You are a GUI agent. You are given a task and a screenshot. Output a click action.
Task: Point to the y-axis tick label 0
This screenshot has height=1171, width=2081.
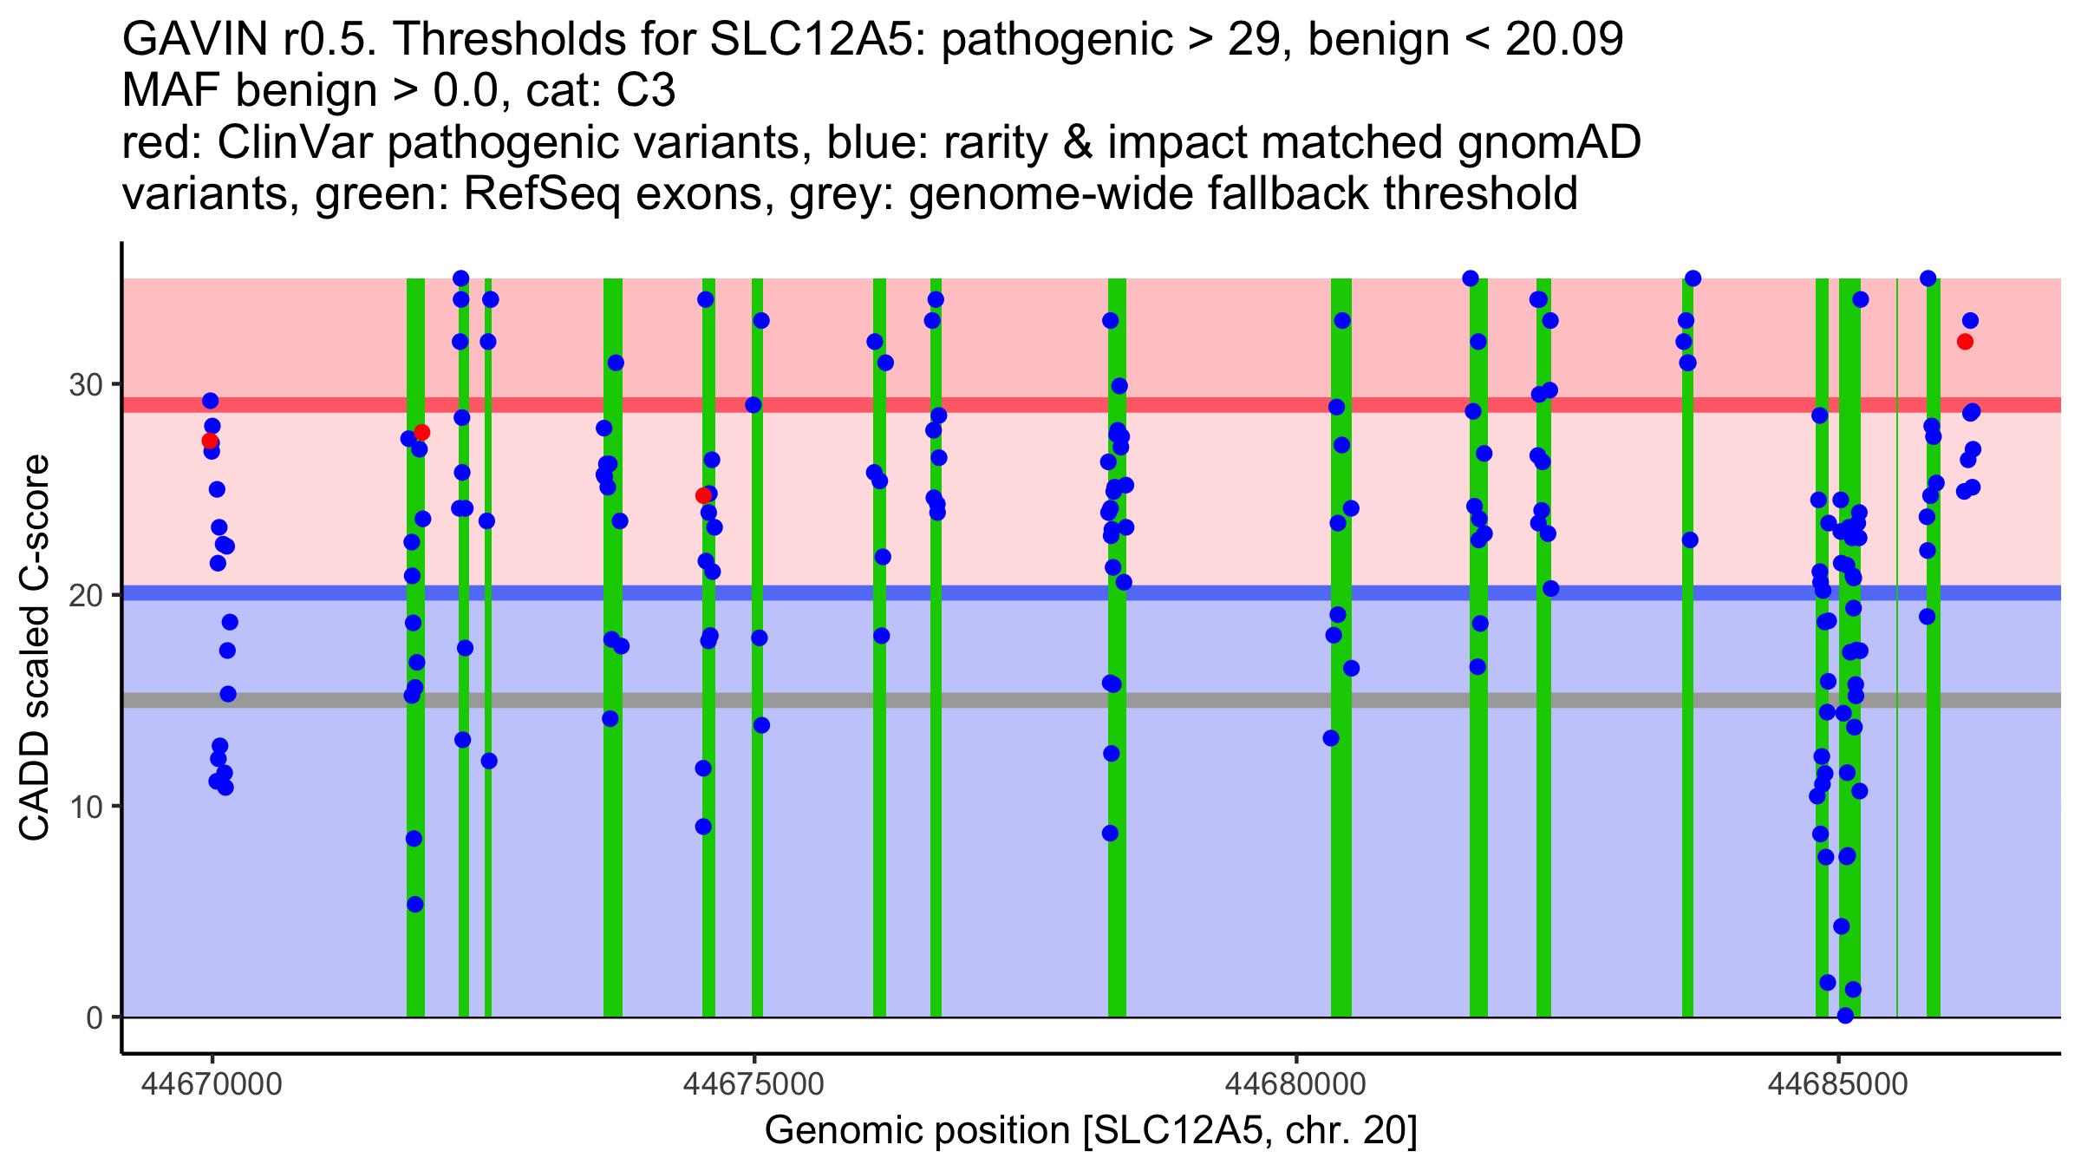click(94, 1017)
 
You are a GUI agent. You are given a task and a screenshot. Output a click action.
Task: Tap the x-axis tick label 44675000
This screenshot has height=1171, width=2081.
click(754, 1084)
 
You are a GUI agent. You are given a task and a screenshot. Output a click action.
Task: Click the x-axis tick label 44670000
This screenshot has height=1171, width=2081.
click(212, 1084)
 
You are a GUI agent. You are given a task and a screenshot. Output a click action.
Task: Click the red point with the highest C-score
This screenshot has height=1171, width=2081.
click(1965, 342)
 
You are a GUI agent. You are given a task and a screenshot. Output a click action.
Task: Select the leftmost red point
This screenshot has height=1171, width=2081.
click(210, 441)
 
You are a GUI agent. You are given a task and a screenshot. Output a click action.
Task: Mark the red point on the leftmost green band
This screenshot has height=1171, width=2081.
click(421, 433)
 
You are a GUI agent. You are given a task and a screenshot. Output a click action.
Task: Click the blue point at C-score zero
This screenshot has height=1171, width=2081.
click(1845, 1016)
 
